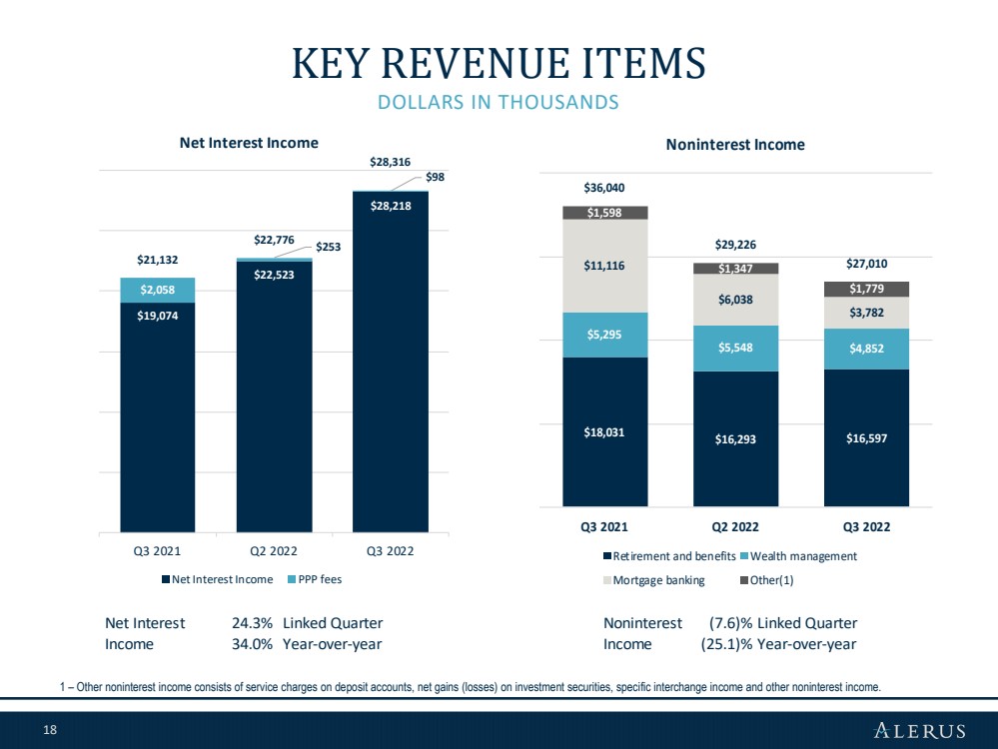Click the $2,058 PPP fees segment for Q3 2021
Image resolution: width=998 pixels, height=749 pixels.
pyautogui.click(x=157, y=291)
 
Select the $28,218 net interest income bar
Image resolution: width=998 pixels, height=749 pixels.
pyautogui.click(x=391, y=362)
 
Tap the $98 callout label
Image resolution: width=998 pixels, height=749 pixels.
pyautogui.click(x=435, y=177)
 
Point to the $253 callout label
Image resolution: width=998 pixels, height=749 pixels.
pyautogui.click(x=329, y=247)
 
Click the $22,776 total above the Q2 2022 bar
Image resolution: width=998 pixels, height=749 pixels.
pyautogui.click(x=274, y=240)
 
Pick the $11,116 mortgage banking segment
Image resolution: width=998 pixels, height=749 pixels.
pyautogui.click(x=604, y=266)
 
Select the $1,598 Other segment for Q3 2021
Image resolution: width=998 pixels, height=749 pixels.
pyautogui.click(x=604, y=213)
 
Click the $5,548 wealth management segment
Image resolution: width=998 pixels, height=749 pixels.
pyautogui.click(x=735, y=349)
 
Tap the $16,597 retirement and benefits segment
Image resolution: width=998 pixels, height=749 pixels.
pyautogui.click(x=866, y=437)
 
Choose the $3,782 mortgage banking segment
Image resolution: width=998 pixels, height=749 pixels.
pyautogui.click(x=866, y=313)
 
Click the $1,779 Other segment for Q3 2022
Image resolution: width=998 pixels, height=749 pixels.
pyautogui.click(x=866, y=289)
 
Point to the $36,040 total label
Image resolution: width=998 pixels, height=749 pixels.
pyautogui.click(x=604, y=188)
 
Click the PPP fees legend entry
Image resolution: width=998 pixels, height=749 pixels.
pyautogui.click(x=315, y=580)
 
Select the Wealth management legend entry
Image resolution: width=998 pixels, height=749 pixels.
pyautogui.click(x=799, y=556)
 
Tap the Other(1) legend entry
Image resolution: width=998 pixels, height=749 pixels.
pyautogui.click(x=767, y=580)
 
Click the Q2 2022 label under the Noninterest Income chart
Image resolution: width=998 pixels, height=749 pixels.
pyautogui.click(x=735, y=527)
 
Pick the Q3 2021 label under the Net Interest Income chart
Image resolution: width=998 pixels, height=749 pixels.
pyautogui.click(x=157, y=551)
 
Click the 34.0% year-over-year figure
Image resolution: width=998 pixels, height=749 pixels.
pyautogui.click(x=252, y=644)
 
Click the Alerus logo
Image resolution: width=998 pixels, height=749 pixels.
pyautogui.click(x=920, y=730)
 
